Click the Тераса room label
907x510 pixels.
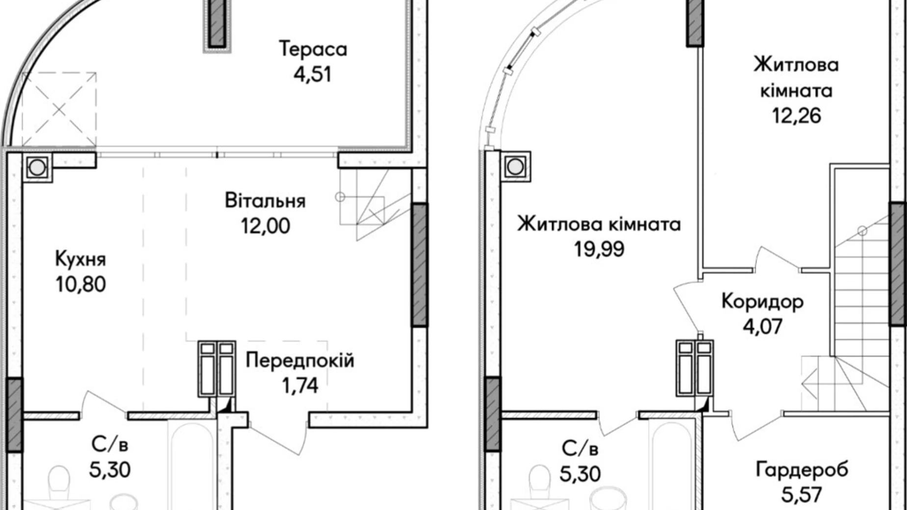click(313, 49)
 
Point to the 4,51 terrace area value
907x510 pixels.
click(313, 74)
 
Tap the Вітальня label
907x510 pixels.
click(265, 201)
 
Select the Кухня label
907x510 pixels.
click(80, 259)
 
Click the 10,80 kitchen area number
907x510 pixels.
click(80, 284)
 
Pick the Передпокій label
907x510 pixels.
click(300, 360)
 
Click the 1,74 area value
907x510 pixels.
click(300, 385)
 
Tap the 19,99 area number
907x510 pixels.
click(599, 249)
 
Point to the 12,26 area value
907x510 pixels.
click(796, 116)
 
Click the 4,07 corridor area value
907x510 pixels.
click(762, 326)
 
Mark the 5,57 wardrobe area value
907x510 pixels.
click(802, 494)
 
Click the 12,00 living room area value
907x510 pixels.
click(265, 226)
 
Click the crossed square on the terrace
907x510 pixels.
click(59, 109)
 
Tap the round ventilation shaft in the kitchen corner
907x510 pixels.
click(37, 168)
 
